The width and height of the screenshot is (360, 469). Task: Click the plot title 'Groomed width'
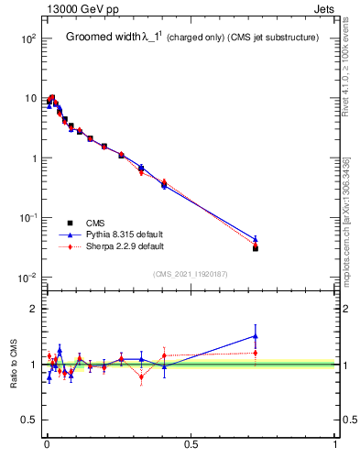104,38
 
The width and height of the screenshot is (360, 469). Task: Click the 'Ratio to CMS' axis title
14,365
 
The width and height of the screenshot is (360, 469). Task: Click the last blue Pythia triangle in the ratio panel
256,336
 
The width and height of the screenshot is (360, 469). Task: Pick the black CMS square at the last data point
256,248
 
